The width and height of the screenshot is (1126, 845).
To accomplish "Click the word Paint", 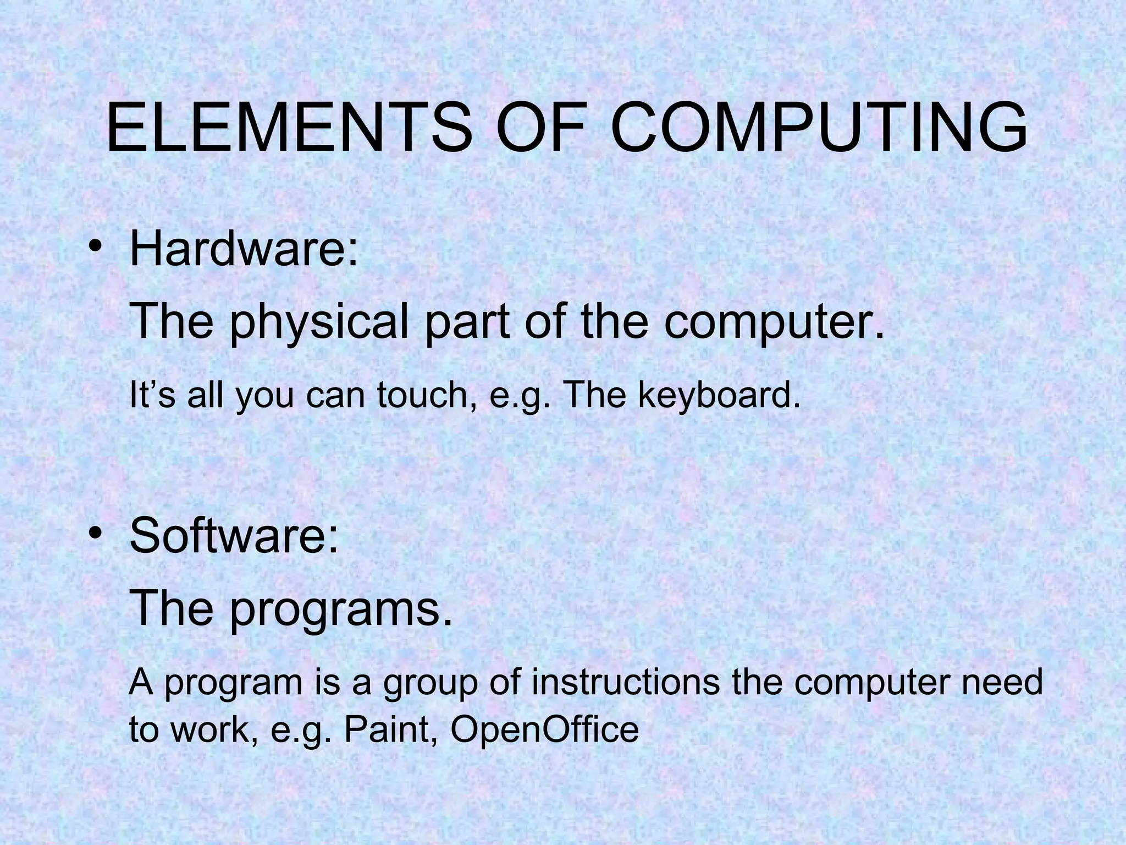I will tap(391, 729).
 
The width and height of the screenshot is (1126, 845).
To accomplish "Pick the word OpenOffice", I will tap(544, 729).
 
